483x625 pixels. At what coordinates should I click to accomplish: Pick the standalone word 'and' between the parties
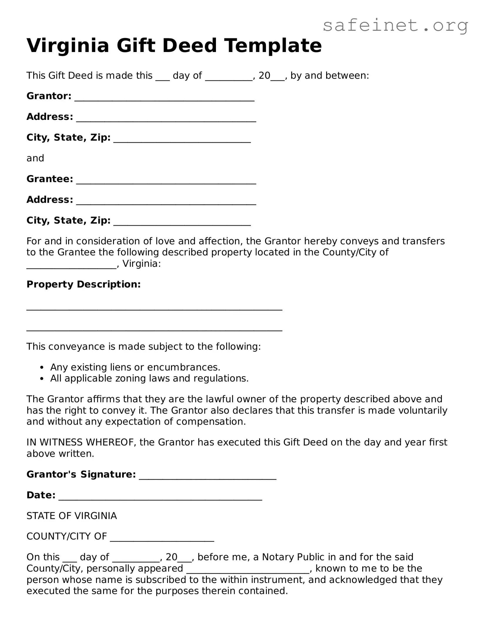tap(35, 158)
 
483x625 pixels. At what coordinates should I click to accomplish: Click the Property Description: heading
tap(83, 284)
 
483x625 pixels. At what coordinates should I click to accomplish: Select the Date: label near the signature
tap(41, 495)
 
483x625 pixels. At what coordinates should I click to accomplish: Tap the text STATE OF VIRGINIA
tap(72, 516)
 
